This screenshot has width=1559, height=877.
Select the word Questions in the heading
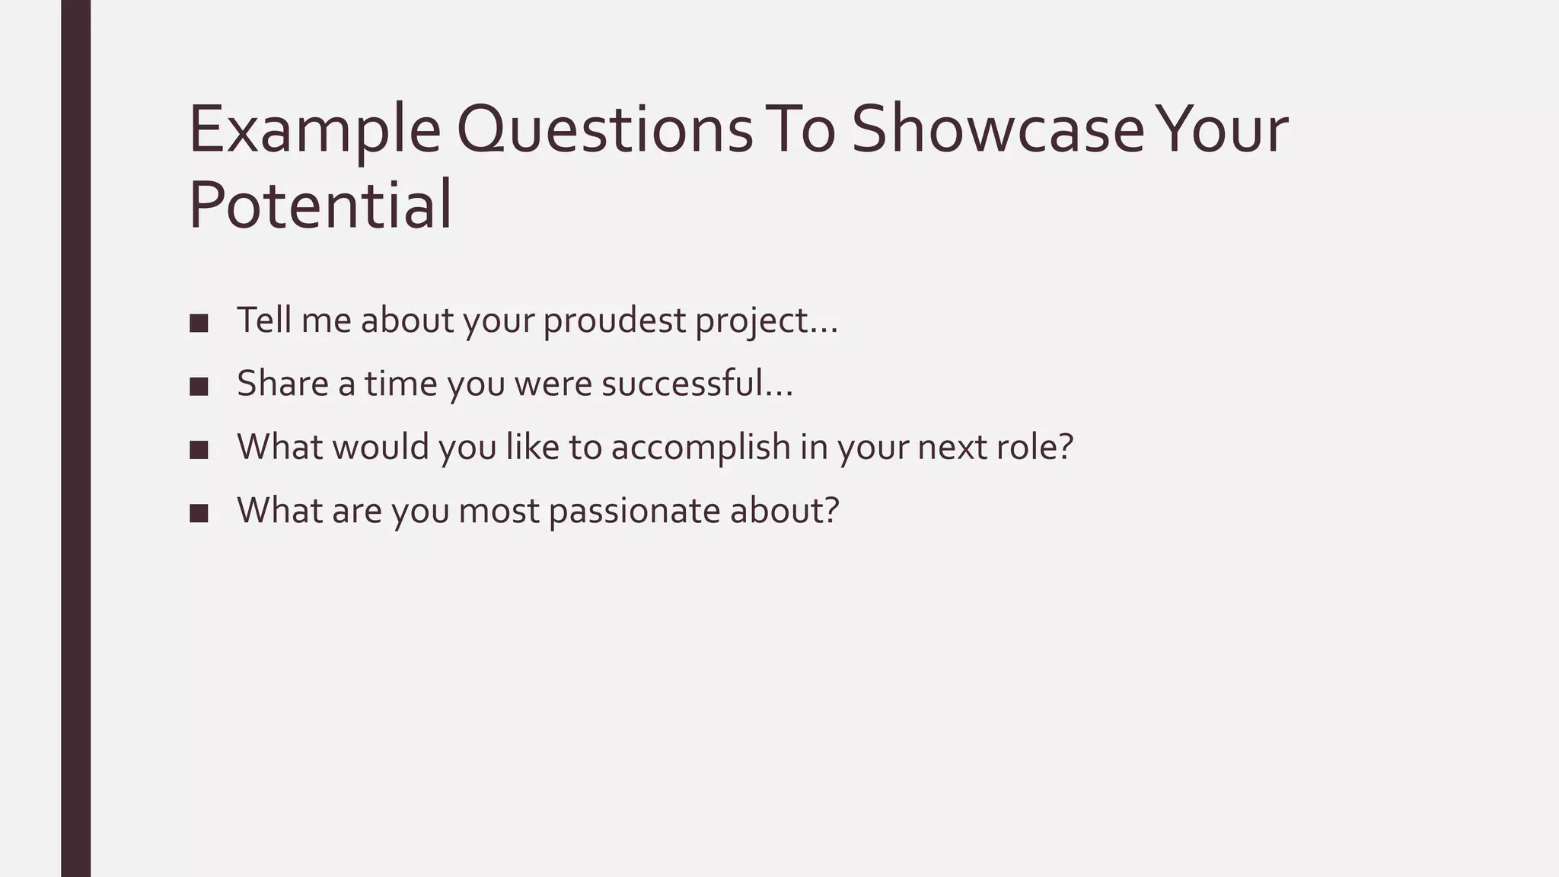[x=605, y=129]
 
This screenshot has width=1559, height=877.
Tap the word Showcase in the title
[x=997, y=129]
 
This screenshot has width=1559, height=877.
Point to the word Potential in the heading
[x=320, y=206]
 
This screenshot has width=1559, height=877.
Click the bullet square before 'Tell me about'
[x=199, y=323]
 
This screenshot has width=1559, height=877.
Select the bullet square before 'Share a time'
[x=199, y=386]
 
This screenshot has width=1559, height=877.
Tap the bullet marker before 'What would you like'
[x=199, y=449]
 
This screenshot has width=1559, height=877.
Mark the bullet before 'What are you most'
[x=199, y=513]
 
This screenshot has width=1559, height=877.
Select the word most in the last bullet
[x=499, y=511]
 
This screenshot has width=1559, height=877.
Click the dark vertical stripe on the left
[x=75, y=438]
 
